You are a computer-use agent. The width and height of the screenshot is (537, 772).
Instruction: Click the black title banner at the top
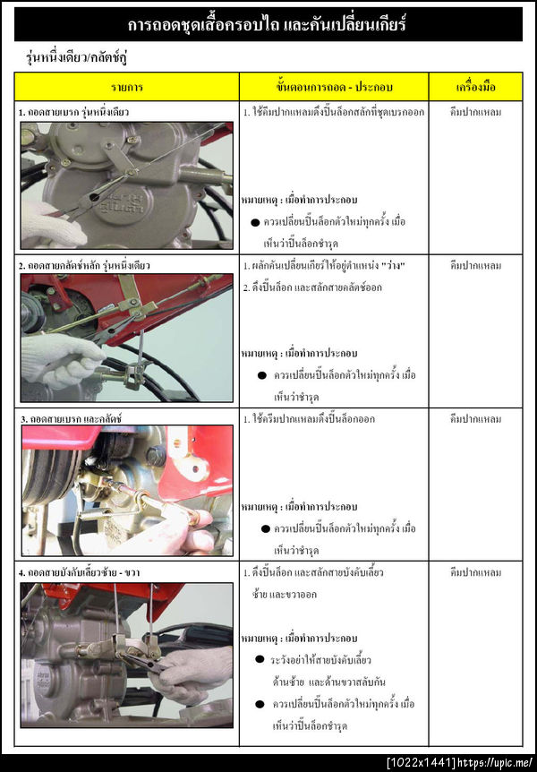[268, 24]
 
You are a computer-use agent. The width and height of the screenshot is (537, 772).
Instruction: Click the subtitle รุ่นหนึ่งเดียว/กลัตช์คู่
[77, 57]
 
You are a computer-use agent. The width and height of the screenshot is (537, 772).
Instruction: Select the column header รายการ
[127, 87]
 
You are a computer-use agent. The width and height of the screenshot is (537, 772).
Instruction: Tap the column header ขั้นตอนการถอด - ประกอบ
[334, 87]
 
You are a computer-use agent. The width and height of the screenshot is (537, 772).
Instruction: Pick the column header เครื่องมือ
[476, 87]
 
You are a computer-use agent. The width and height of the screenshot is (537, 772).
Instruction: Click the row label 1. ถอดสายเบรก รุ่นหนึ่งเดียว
[73, 112]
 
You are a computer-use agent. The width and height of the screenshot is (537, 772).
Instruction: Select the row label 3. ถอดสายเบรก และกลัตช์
[72, 419]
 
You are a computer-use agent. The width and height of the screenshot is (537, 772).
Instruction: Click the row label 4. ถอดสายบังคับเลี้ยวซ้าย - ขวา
[80, 572]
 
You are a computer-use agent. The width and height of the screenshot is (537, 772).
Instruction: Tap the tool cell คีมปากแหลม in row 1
[476, 112]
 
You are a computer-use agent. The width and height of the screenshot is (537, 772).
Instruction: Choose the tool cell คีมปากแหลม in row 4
[476, 572]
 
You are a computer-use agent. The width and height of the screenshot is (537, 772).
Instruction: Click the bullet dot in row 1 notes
[255, 222]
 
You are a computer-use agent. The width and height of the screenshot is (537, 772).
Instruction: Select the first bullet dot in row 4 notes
[260, 659]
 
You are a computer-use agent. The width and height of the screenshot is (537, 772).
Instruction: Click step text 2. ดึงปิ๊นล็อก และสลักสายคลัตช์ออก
[312, 287]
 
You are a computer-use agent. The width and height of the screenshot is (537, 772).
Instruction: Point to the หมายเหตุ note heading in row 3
[299, 507]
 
